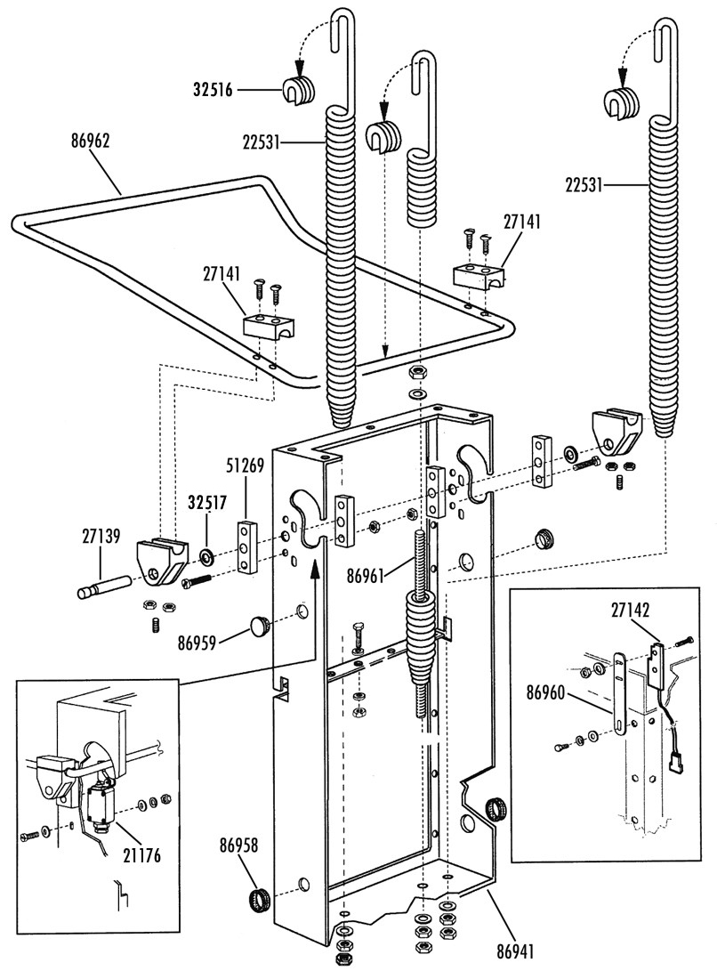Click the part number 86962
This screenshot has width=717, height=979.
pos(90,142)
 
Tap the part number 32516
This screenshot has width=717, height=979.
pos(213,90)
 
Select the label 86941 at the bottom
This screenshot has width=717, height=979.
pos(516,951)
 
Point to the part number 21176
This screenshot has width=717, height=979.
pos(141,855)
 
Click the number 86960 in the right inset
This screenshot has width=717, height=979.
pos(546,692)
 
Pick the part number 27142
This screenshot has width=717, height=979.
pos(630,610)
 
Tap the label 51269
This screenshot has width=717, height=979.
pos(246,465)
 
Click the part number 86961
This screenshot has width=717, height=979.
pos(367,576)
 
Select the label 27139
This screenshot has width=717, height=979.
pos(101,536)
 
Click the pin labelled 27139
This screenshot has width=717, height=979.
pos(104,587)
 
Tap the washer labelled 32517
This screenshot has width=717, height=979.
pos(205,554)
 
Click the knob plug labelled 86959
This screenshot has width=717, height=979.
pos(261,625)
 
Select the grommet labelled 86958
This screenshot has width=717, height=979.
pos(260,901)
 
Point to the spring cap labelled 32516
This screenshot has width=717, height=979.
pos(297,91)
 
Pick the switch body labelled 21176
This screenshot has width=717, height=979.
pos(100,806)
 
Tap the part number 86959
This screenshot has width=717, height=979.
pos(197,643)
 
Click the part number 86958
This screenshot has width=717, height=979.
pos(238,845)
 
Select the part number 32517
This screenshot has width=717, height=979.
pos(207,503)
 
